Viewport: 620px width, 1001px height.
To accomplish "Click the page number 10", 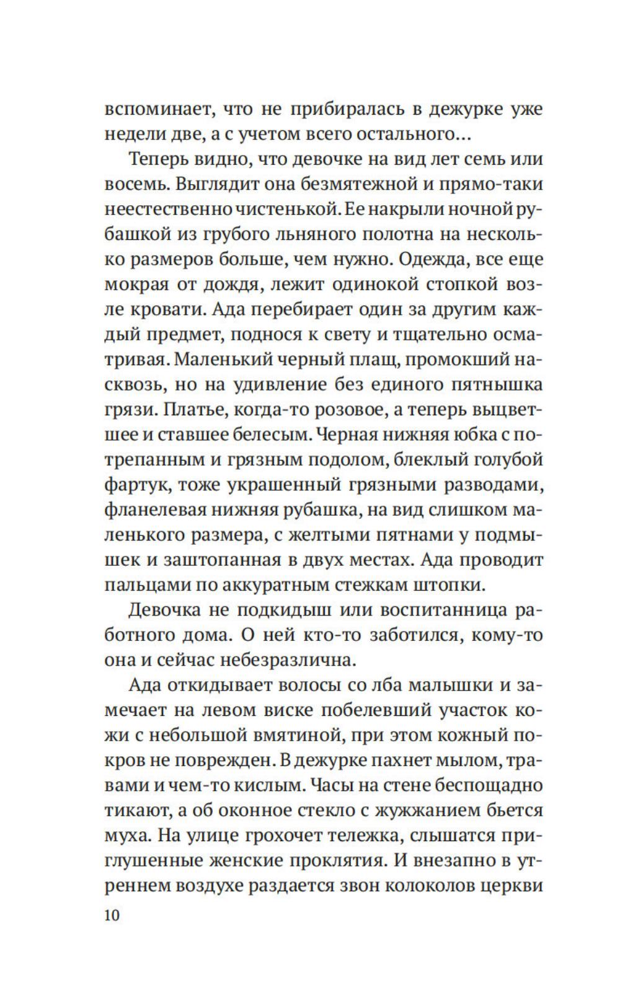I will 112,915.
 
